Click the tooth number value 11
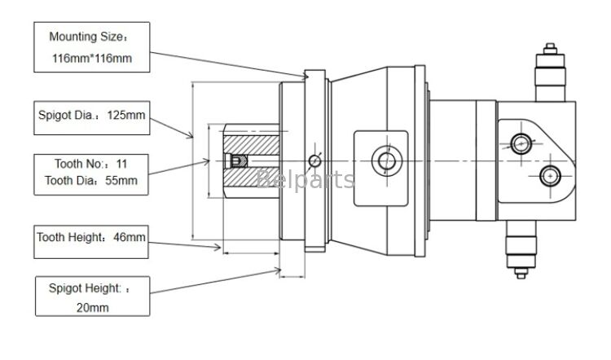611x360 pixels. point(122,163)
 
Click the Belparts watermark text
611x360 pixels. point(305,179)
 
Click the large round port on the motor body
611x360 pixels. point(385,160)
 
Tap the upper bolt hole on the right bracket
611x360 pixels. point(521,144)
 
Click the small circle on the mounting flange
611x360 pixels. point(315,160)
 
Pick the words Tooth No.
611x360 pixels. point(73,163)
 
